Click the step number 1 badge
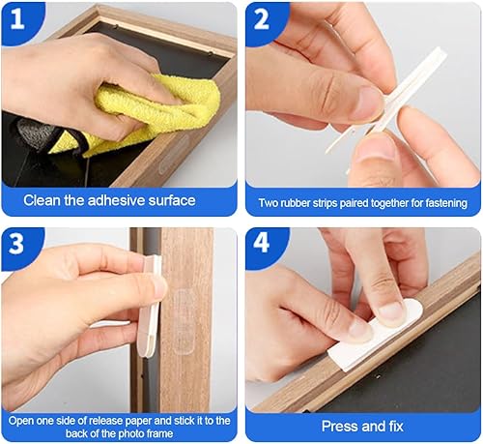pyautogui.click(x=17, y=18)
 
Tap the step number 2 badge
pyautogui.click(x=261, y=18)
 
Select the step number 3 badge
pyautogui.click(x=16, y=243)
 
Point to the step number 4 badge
pyautogui.click(x=261, y=243)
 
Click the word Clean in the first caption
pyautogui.click(x=43, y=200)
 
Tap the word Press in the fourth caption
pyautogui.click(x=337, y=427)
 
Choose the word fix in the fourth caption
pyautogui.click(x=396, y=427)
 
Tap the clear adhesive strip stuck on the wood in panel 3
pyautogui.click(x=184, y=319)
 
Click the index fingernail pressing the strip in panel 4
pyautogui.click(x=390, y=311)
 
